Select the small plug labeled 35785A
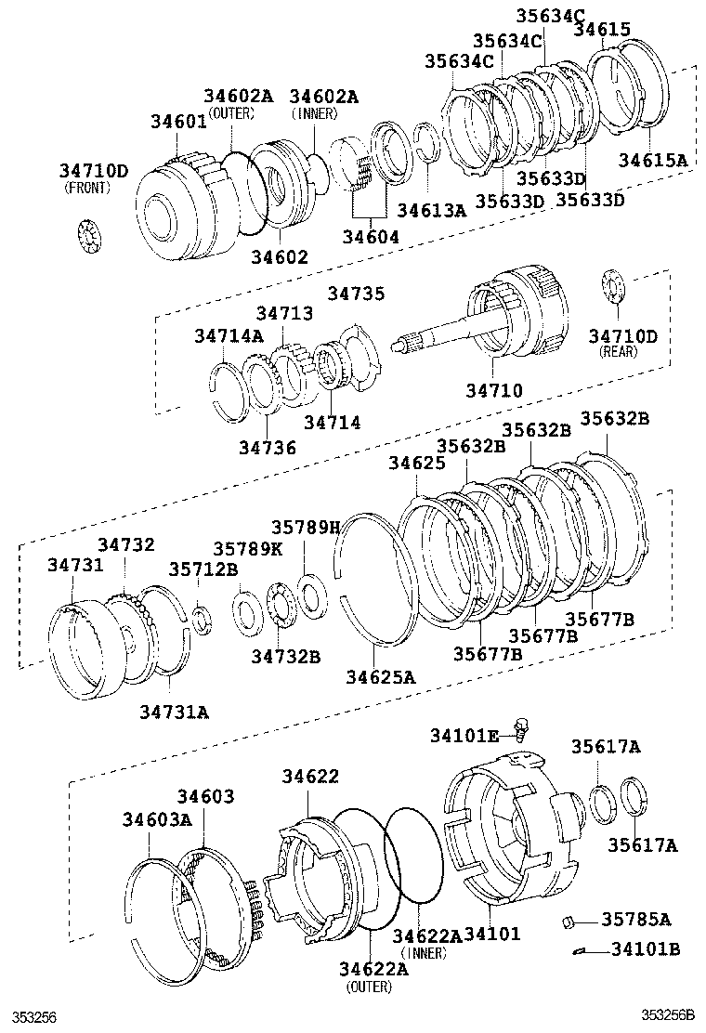570,922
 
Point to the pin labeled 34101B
580,950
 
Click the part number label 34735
355,294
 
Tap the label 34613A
431,210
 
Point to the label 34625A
381,677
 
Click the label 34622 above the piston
311,776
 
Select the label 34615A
653,160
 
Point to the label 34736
266,448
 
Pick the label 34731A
175,712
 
